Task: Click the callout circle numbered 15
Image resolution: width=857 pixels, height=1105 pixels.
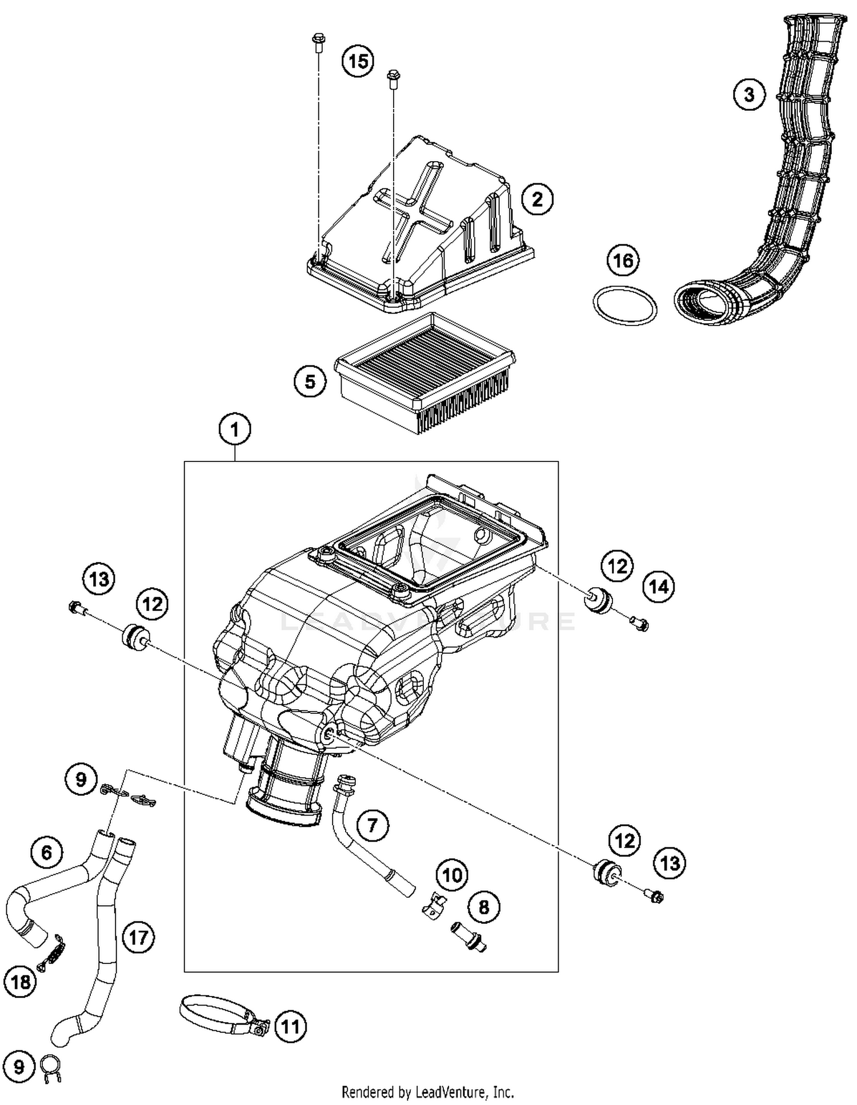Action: tap(358, 61)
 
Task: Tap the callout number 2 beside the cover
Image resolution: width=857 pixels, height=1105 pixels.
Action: tap(537, 199)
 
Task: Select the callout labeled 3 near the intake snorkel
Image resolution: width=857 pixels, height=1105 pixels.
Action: tap(749, 94)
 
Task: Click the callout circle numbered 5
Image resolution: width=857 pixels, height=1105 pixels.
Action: tap(310, 381)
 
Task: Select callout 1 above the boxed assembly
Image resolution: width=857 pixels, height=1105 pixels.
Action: tap(235, 429)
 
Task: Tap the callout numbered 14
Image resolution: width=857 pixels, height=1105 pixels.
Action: tap(659, 586)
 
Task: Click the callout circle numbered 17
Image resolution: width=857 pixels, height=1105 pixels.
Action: tap(139, 937)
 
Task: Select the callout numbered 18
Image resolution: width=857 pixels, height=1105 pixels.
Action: tap(21, 982)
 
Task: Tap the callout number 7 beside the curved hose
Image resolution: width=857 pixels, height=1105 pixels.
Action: tap(373, 825)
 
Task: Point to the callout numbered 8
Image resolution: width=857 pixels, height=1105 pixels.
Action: tap(484, 907)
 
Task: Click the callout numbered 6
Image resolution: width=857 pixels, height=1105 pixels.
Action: tap(47, 853)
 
